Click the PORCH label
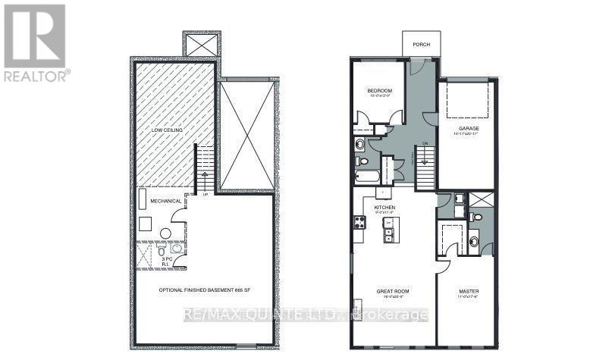[x=421, y=45]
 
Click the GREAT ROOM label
[x=393, y=290]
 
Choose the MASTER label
[x=467, y=291]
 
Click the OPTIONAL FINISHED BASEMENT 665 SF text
[x=203, y=290]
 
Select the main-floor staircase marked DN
[x=425, y=167]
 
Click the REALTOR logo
[x=35, y=42]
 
